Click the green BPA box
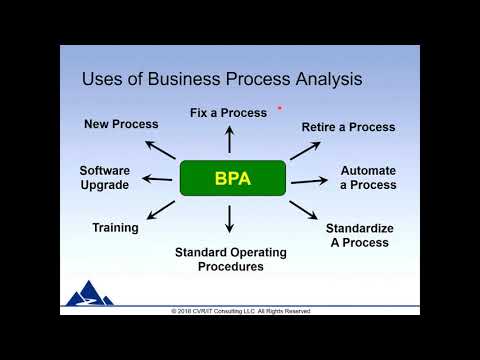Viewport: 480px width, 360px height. pos(233,178)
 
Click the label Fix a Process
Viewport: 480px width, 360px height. pos(228,113)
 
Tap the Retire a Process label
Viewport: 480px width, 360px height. pos(348,127)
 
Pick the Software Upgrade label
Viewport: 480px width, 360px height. pos(105,178)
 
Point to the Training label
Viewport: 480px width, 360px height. pos(115,228)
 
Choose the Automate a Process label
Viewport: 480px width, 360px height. pos(368,178)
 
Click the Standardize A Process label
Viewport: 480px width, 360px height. pos(360,235)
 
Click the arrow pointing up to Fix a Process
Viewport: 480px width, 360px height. pos(230,139)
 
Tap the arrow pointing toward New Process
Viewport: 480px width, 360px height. pos(160,149)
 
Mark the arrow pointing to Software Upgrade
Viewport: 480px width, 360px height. pos(156,179)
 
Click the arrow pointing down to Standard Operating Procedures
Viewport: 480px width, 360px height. pos(230,219)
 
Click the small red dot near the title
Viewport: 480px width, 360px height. pos(280,107)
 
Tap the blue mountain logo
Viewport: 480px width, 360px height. pos(89,293)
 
